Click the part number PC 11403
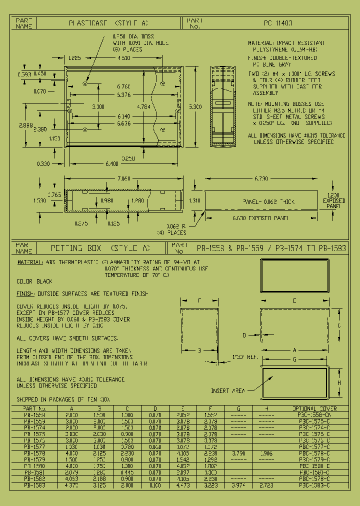pos(278,23)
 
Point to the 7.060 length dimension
pos(123,178)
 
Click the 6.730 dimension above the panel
pos(261,178)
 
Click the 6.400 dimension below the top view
pos(112,163)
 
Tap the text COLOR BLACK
pos(34,281)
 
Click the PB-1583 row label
pos(34,485)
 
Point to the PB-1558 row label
pos(34,415)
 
